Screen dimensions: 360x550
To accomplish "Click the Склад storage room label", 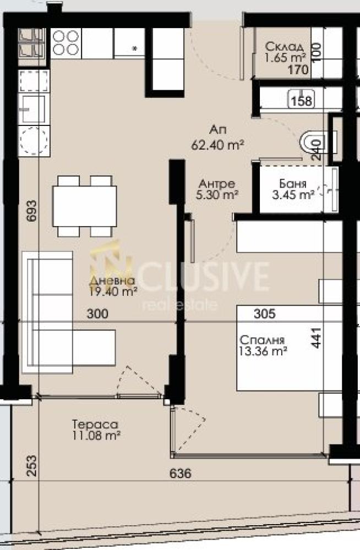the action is [284, 46].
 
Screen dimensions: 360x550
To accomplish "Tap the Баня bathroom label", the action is [293, 184].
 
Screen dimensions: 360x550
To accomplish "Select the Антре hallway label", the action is [217, 184].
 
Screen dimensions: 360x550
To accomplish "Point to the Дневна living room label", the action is [112, 280].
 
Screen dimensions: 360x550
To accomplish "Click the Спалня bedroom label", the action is [262, 340].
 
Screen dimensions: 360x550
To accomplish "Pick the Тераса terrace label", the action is [95, 425].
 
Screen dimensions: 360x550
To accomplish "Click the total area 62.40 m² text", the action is [218, 145].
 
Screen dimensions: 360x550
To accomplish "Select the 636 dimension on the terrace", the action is [181, 474].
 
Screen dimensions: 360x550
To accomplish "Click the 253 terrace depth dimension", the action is [31, 465].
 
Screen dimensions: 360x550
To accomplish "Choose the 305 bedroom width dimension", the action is [264, 313].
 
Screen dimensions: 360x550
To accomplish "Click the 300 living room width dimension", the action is [97, 313].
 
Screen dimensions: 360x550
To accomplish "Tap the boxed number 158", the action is [301, 101].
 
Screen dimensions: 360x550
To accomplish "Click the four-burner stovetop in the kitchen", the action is [66, 43].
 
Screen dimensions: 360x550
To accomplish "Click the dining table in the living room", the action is [84, 206].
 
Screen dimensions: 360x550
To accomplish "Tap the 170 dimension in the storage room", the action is [298, 70].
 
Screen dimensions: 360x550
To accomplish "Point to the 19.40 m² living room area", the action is [113, 291].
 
